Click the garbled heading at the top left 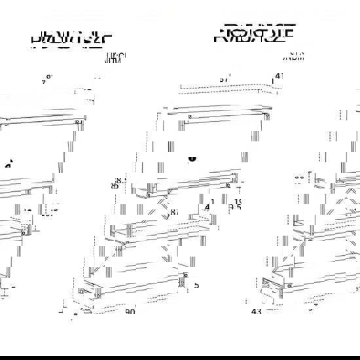coord(71,39)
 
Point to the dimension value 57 coord(224,79)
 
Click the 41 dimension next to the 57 coord(279,76)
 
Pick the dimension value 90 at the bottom coord(130,312)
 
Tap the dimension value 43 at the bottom coord(257,312)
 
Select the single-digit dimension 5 coord(196,285)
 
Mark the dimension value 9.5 coord(235,208)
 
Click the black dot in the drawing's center coord(192,157)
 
